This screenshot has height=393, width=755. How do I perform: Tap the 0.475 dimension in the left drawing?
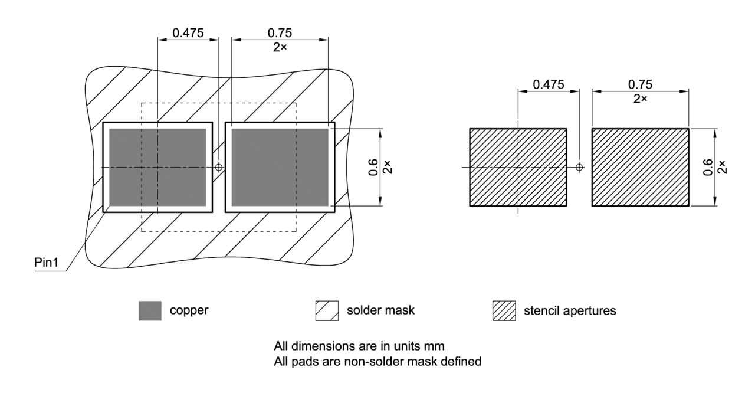click(188, 33)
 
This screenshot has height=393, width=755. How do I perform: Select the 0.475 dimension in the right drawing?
click(548, 84)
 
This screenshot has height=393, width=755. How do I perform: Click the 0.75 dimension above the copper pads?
click(280, 33)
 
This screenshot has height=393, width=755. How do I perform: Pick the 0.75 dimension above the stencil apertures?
click(640, 84)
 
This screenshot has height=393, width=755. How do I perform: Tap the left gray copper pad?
click(157, 167)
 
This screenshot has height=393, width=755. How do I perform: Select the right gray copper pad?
click(280, 167)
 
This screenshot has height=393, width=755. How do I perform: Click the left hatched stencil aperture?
click(518, 167)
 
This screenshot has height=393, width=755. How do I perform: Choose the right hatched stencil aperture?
click(640, 167)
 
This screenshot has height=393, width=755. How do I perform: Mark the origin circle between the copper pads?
click(219, 167)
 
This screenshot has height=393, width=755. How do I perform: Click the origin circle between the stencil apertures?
click(579, 167)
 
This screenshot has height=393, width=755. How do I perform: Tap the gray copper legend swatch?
click(150, 310)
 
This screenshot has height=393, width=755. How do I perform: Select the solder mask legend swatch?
click(327, 310)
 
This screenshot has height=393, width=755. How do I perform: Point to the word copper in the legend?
click(189, 310)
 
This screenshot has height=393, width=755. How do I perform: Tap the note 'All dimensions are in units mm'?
click(363, 345)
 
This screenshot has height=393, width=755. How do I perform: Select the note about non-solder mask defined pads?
click(377, 361)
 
